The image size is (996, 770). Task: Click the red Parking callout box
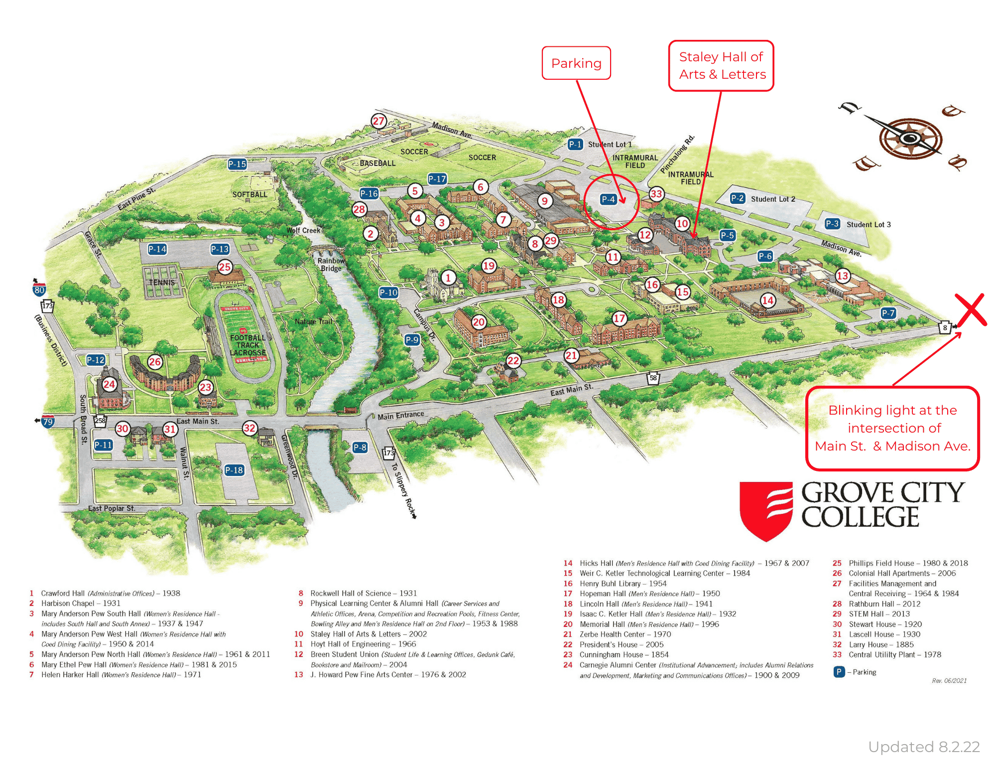click(x=576, y=63)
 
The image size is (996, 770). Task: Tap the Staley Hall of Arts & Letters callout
click(x=721, y=66)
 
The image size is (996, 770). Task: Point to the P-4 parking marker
click(x=609, y=199)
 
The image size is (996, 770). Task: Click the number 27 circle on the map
click(x=378, y=121)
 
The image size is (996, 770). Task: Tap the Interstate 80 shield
click(x=39, y=290)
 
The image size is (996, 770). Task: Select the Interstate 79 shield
click(x=48, y=422)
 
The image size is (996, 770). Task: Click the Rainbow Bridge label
click(x=331, y=264)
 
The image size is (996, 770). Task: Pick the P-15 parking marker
click(x=237, y=164)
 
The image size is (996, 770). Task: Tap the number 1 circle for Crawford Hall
click(x=448, y=278)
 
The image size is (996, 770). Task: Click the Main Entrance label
click(x=400, y=415)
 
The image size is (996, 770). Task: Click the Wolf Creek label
click(x=303, y=230)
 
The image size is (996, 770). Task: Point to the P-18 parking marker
click(x=234, y=470)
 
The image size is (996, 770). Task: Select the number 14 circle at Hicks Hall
click(x=767, y=300)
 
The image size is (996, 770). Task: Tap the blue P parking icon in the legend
click(x=839, y=672)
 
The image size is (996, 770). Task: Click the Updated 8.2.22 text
click(x=924, y=747)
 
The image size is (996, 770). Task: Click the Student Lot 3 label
click(x=869, y=224)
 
